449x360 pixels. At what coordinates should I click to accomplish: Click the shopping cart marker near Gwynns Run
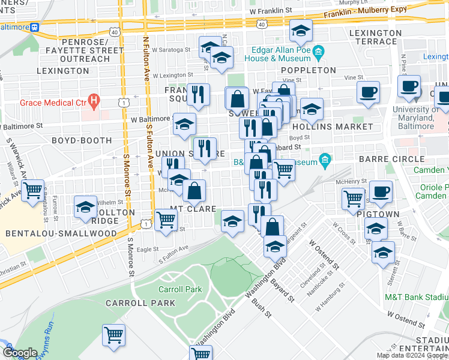pyautogui.click(x=113, y=335)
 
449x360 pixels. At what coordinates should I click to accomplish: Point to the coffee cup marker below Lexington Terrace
pyautogui.click(x=368, y=92)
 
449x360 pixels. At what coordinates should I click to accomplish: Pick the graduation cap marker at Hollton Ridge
pyautogui.click(x=86, y=207)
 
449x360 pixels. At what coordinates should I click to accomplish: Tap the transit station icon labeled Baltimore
pyautogui.click(x=35, y=27)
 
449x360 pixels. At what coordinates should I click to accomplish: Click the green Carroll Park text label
pyautogui.click(x=180, y=289)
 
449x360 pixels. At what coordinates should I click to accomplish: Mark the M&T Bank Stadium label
pyautogui.click(x=415, y=297)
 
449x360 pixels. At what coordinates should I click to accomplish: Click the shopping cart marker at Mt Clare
pyautogui.click(x=165, y=218)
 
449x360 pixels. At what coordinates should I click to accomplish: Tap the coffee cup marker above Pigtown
pyautogui.click(x=380, y=191)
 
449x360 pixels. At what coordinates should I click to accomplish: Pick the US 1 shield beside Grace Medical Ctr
pyautogui.click(x=122, y=103)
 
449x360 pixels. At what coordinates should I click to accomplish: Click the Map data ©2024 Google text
pyautogui.click(x=411, y=355)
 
